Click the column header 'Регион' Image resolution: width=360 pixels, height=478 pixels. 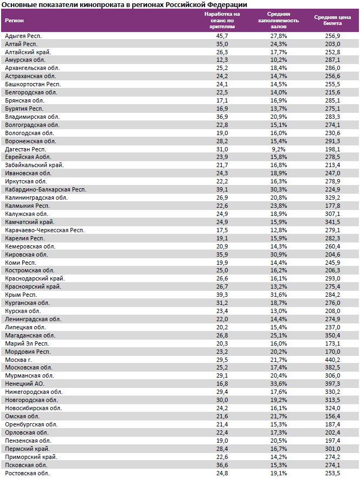tap(14, 20)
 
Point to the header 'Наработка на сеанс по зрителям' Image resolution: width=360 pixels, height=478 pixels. tap(222, 20)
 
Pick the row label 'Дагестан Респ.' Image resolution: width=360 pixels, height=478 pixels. tap(25, 149)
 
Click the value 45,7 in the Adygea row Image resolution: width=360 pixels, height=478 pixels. tap(222, 35)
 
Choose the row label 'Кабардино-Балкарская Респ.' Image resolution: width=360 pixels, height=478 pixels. tap(46, 189)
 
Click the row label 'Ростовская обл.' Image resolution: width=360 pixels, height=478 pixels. tap(27, 473)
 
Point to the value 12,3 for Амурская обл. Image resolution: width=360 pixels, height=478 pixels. tap(222, 60)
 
